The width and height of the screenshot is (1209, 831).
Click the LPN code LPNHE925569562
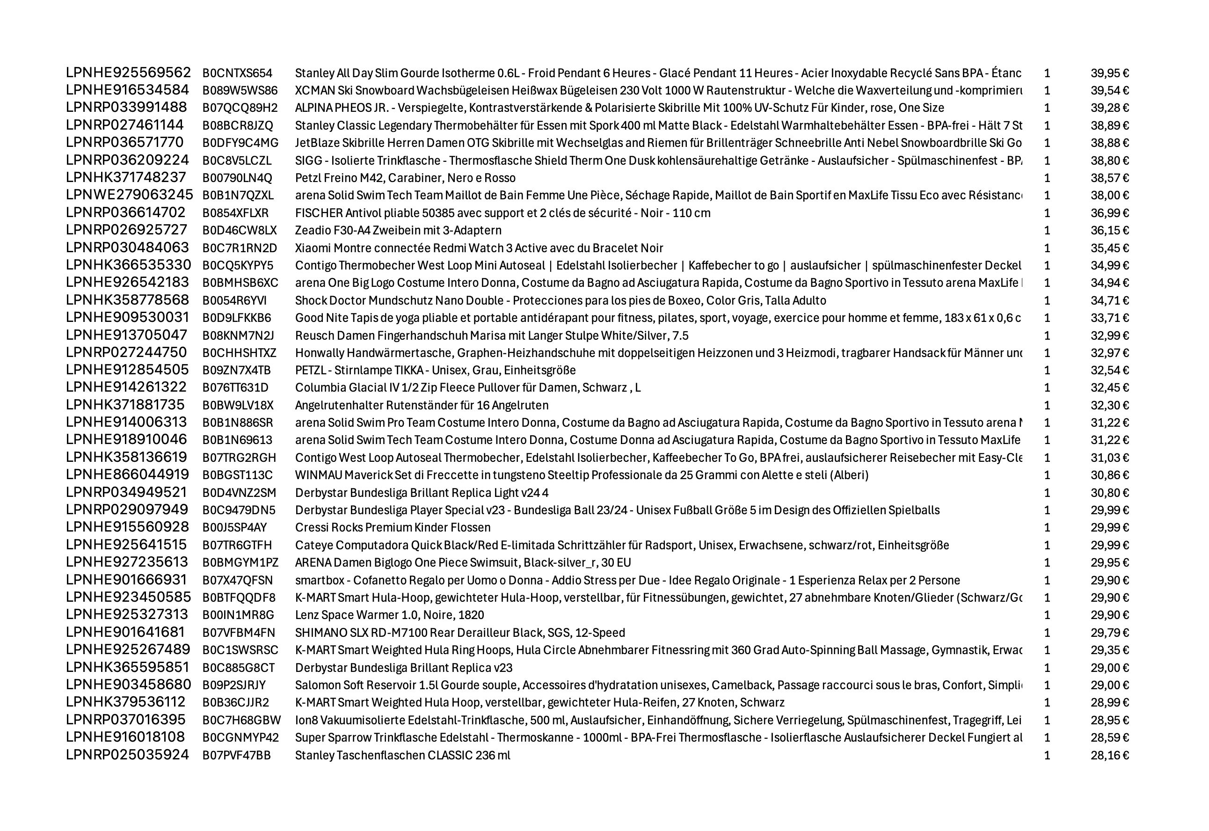128,73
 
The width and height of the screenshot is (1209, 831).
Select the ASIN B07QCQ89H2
240,108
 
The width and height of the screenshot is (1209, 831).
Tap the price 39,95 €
1109,73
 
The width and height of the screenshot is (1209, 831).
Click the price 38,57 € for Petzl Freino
1109,178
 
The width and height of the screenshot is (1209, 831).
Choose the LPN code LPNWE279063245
129,195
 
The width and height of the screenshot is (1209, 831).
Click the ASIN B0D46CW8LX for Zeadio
240,230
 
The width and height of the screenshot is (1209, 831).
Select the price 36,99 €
1109,213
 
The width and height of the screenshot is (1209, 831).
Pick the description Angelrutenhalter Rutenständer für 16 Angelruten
421,405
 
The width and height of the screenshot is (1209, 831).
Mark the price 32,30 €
1109,405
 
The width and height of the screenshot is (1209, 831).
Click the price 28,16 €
1109,755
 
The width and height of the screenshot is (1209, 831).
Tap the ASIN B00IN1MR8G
238,615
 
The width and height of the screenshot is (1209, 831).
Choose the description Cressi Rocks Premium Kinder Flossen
393,527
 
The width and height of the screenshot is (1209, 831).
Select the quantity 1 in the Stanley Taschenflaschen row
1047,755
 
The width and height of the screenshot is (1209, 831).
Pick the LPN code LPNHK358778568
127,300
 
